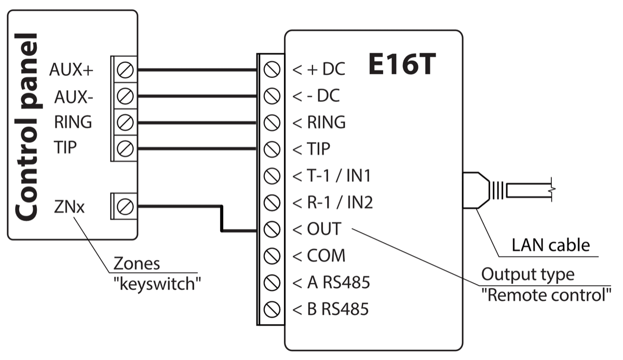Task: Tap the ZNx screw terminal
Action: click(124, 207)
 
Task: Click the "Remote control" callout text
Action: click(546, 296)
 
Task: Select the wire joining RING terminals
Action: click(197, 123)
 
